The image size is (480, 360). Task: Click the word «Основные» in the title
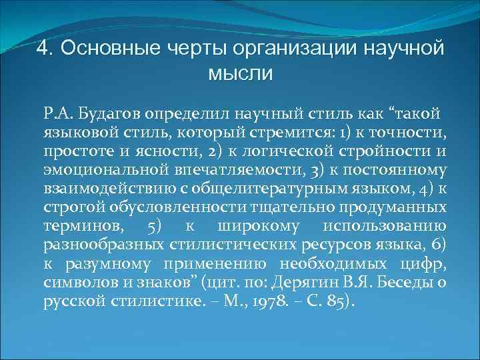tap(99, 49)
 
